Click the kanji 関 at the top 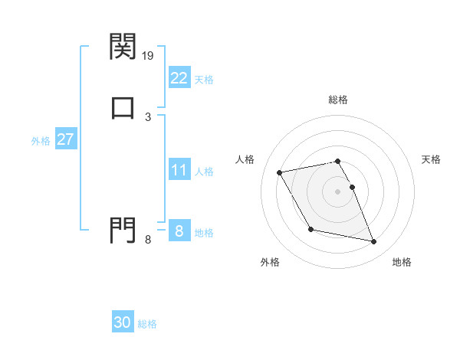pos(123,47)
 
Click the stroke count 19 pos(148,56)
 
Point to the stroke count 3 pos(148,116)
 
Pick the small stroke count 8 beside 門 pos(148,240)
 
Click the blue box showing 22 pos(179,77)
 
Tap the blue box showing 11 pos(179,170)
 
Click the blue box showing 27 pos(65,139)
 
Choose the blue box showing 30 pos(123,322)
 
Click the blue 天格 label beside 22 pos(204,79)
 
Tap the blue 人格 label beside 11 pos(204,172)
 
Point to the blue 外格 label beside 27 pos(41,141)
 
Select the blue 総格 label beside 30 pos(147,324)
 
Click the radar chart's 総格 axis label pos(338,100)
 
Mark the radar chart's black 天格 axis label pos(432,159)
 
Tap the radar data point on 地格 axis pos(374,242)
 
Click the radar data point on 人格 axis pos(280,172)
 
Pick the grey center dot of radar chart pos(338,191)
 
